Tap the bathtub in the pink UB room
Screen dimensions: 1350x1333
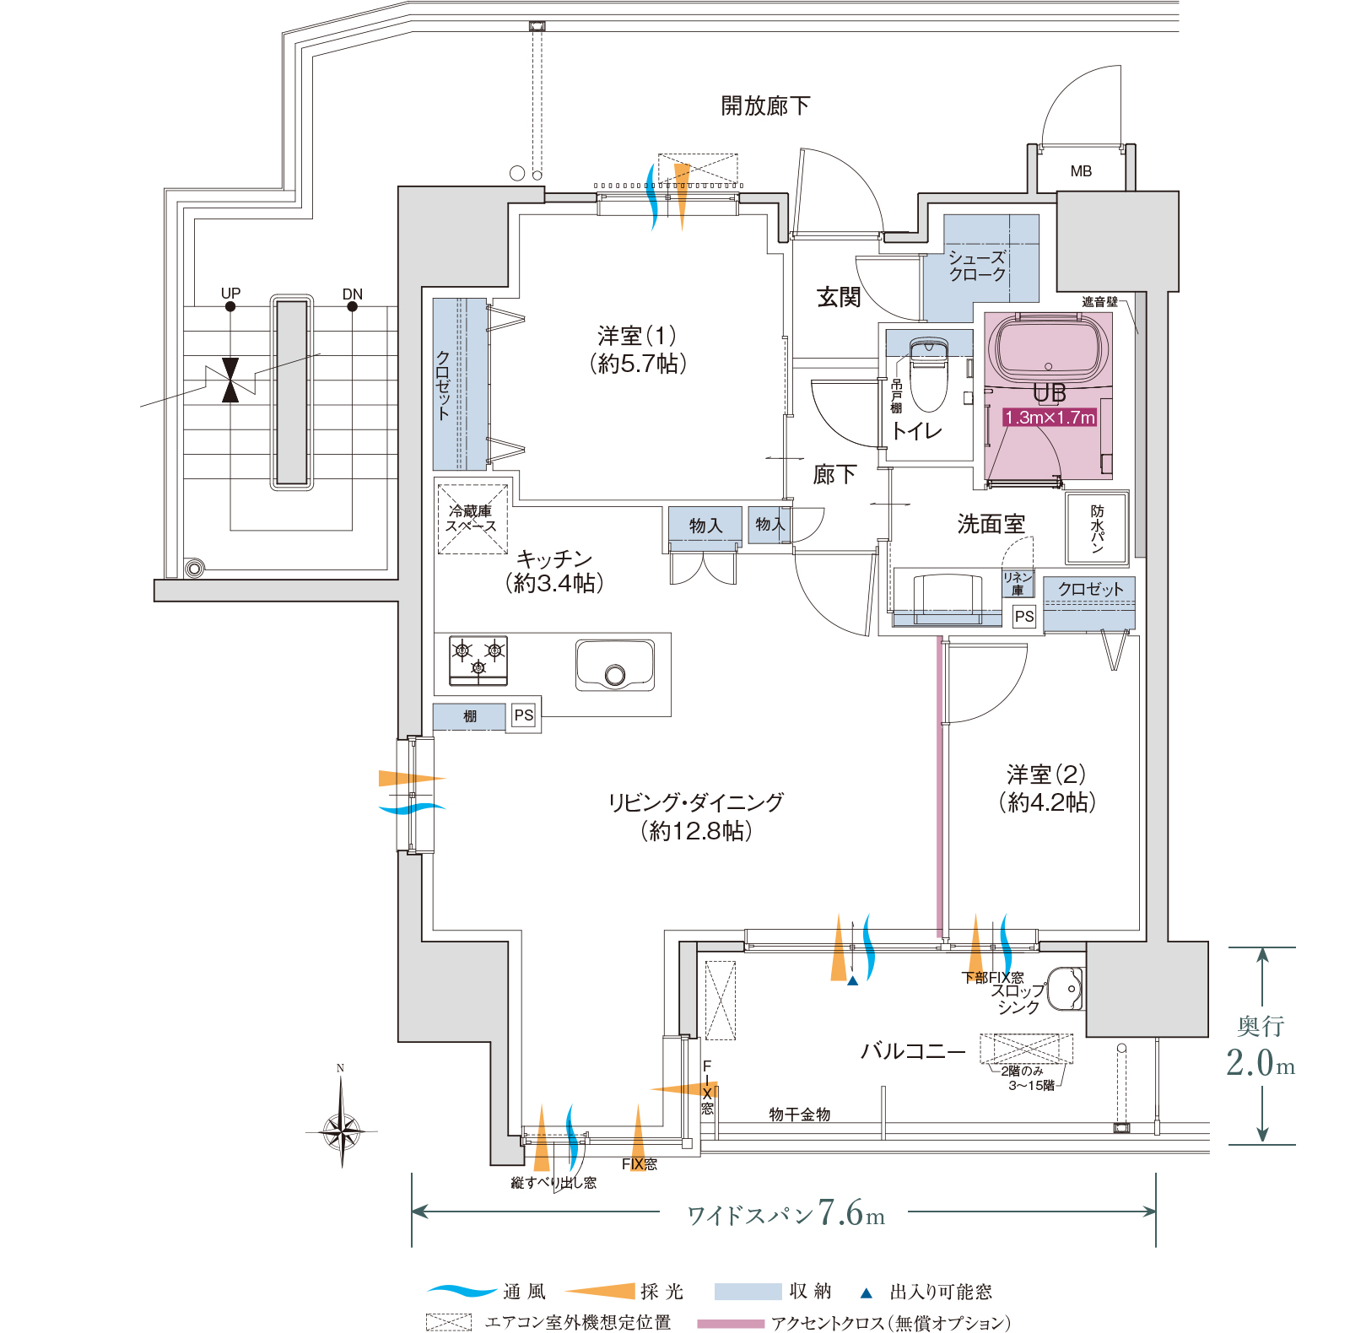click(x=1049, y=348)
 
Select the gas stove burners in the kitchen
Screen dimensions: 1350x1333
click(x=478, y=660)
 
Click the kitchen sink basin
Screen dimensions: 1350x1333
click(x=614, y=665)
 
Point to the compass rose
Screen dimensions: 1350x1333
click(x=342, y=1127)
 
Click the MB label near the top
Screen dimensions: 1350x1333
click(x=1081, y=171)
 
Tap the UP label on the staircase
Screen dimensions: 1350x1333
click(x=230, y=293)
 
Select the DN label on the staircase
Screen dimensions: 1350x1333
click(x=353, y=294)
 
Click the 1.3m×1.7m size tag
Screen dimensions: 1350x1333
click(x=1050, y=417)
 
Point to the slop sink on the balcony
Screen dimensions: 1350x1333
click(x=1065, y=989)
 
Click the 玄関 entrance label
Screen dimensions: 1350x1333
click(x=838, y=296)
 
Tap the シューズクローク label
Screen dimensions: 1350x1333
click(x=977, y=266)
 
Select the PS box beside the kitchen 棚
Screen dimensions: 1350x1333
click(x=524, y=715)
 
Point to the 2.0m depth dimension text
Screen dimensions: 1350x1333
click(x=1261, y=1062)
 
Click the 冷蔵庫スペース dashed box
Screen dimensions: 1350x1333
click(x=472, y=519)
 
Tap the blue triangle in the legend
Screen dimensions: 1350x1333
click(x=866, y=1292)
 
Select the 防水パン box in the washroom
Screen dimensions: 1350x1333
click(x=1097, y=527)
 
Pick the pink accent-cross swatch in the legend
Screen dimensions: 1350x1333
click(x=731, y=1323)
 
